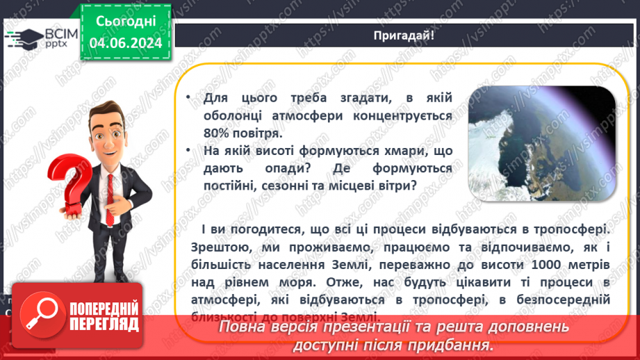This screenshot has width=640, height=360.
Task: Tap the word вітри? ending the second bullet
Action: coord(395,185)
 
